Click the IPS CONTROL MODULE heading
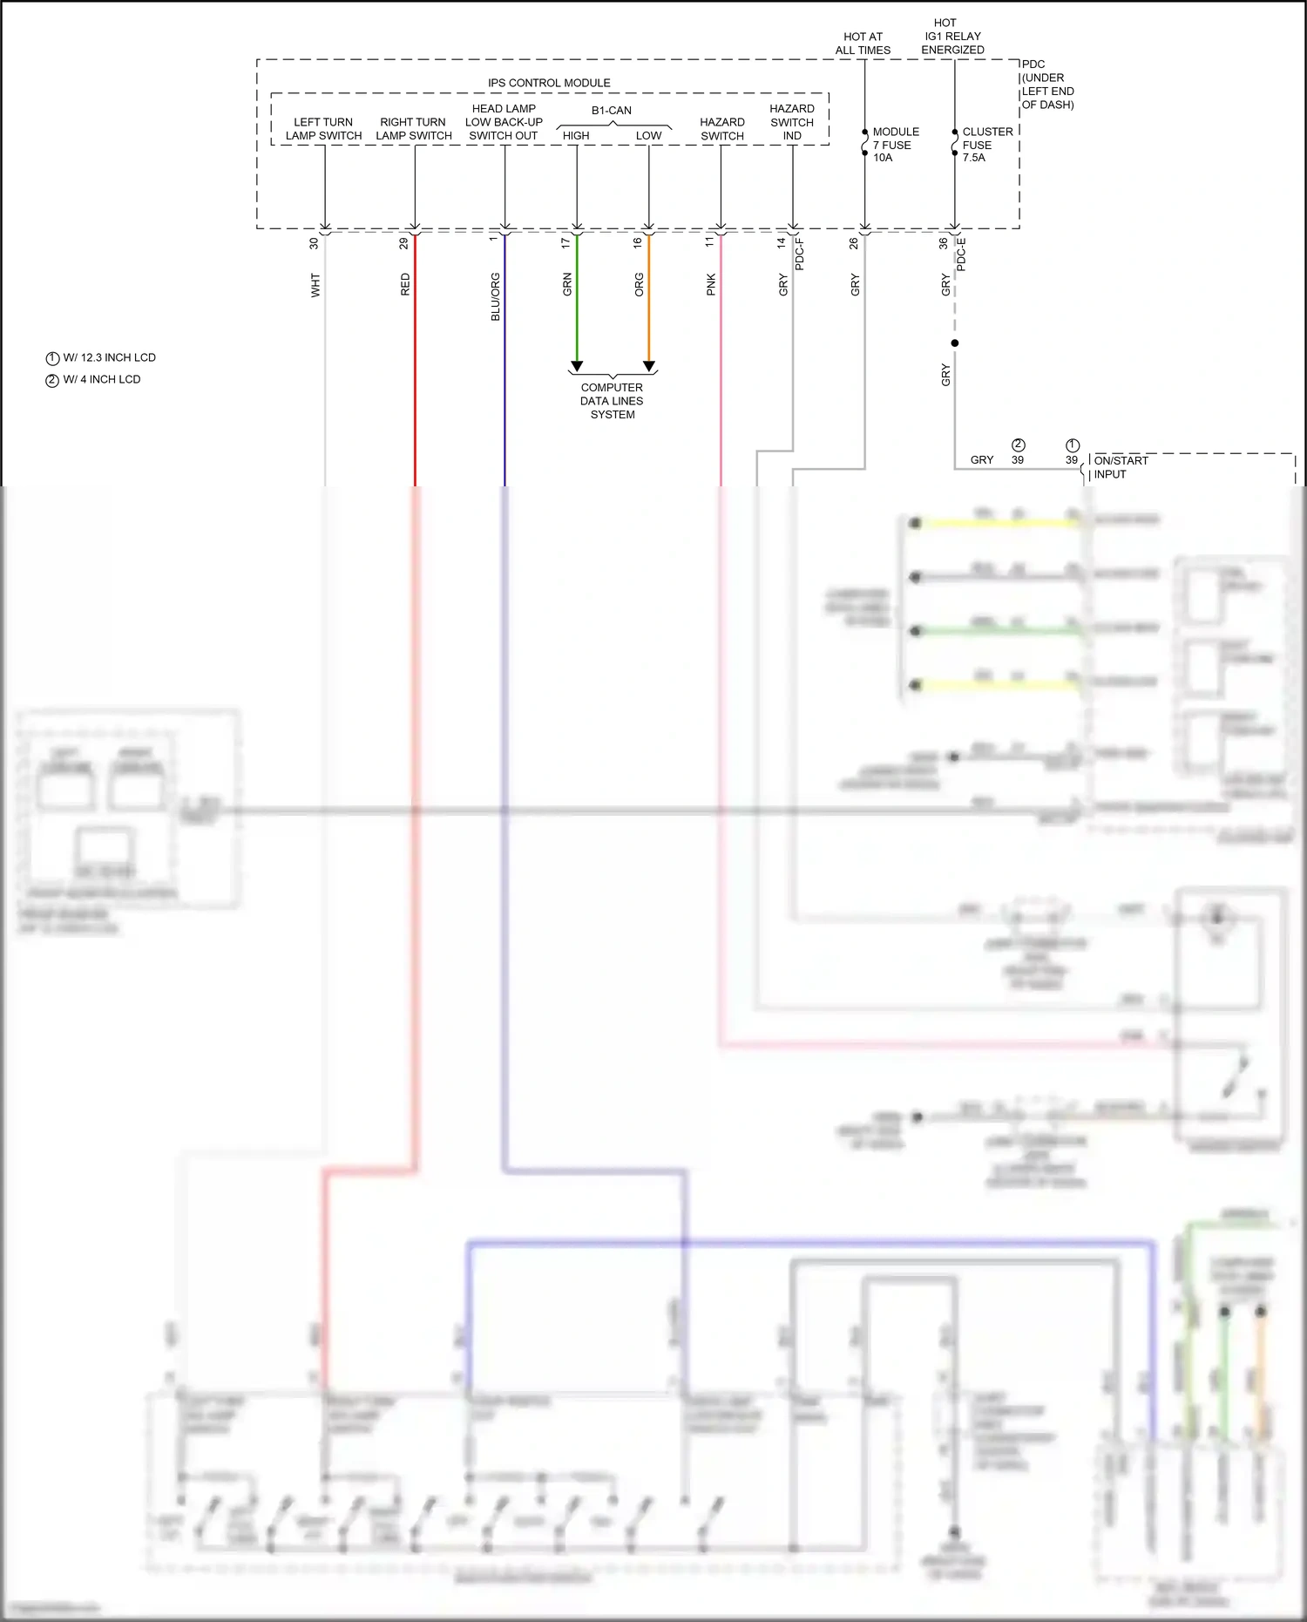tap(549, 83)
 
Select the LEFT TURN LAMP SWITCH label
tap(323, 129)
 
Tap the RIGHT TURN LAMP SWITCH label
tap(413, 129)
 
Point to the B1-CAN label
tap(611, 111)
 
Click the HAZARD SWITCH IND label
tap(791, 122)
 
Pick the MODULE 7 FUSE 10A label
tap(895, 145)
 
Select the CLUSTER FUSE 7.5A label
tap(986, 145)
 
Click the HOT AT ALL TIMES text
tap(863, 44)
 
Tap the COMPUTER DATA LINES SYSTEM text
tap(612, 401)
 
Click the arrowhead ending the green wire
tap(577, 366)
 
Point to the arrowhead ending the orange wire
tap(649, 366)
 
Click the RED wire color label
tap(405, 284)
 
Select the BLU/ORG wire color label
tap(495, 296)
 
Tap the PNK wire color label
tap(711, 284)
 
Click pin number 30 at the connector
tap(314, 244)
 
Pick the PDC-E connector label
tap(961, 254)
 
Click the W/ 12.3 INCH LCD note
tap(101, 358)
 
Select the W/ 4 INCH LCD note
tap(93, 380)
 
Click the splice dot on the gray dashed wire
tap(955, 343)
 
